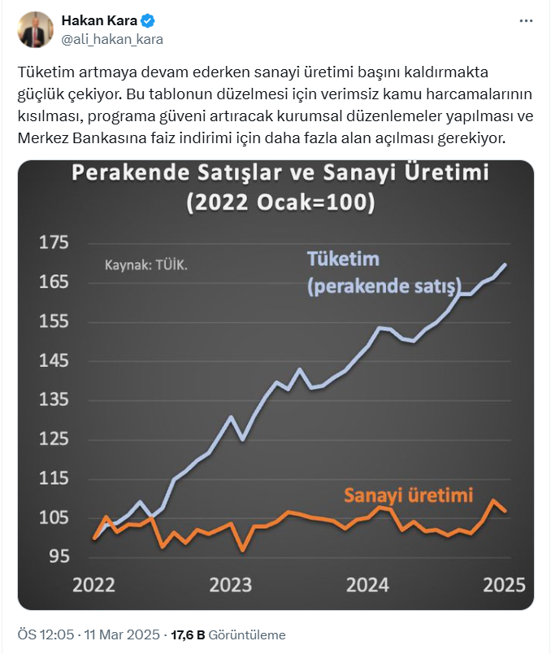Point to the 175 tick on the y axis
55,243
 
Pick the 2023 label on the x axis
230,585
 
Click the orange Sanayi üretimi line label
409,495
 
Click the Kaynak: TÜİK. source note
151,265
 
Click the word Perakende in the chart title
132,173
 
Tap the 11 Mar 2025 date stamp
121,634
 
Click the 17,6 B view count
187,634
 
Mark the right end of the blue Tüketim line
505,264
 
